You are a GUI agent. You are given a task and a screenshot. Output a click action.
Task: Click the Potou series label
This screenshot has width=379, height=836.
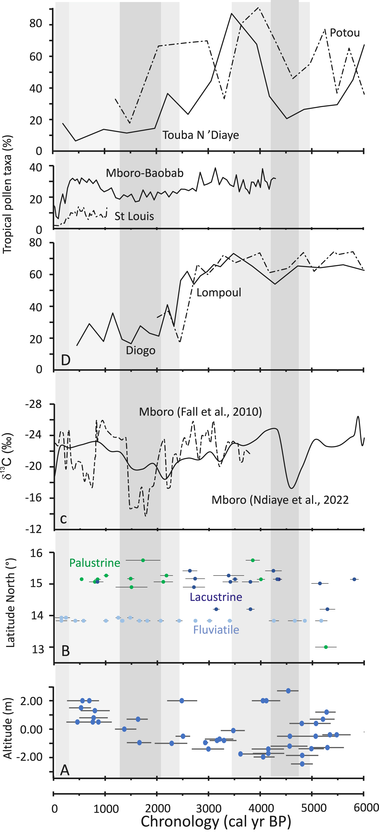[345, 33]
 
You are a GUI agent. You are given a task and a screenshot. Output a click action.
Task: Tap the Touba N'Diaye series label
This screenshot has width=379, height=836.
[201, 135]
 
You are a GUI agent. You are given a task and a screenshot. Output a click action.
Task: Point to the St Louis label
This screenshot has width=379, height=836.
[134, 216]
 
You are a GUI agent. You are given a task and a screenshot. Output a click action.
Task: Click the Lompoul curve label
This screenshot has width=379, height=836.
[219, 292]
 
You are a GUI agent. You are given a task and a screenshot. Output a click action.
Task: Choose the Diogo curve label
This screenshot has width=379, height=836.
[141, 350]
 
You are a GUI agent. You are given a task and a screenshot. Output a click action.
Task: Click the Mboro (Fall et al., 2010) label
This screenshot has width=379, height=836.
[200, 412]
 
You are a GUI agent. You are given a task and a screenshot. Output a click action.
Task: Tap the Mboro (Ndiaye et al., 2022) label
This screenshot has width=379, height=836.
[280, 500]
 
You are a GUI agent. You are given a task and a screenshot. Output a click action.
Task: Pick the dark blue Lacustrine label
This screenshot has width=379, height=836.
[216, 597]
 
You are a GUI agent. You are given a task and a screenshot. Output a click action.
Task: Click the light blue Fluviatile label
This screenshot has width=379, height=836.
[216, 630]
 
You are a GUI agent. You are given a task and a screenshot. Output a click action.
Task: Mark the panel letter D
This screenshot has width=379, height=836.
[65, 360]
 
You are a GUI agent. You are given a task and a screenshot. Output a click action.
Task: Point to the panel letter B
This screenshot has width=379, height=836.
[65, 651]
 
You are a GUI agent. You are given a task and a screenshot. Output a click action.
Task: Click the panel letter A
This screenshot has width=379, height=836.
[65, 770]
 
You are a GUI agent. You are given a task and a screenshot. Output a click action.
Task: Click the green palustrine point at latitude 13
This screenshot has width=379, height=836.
[326, 647]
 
